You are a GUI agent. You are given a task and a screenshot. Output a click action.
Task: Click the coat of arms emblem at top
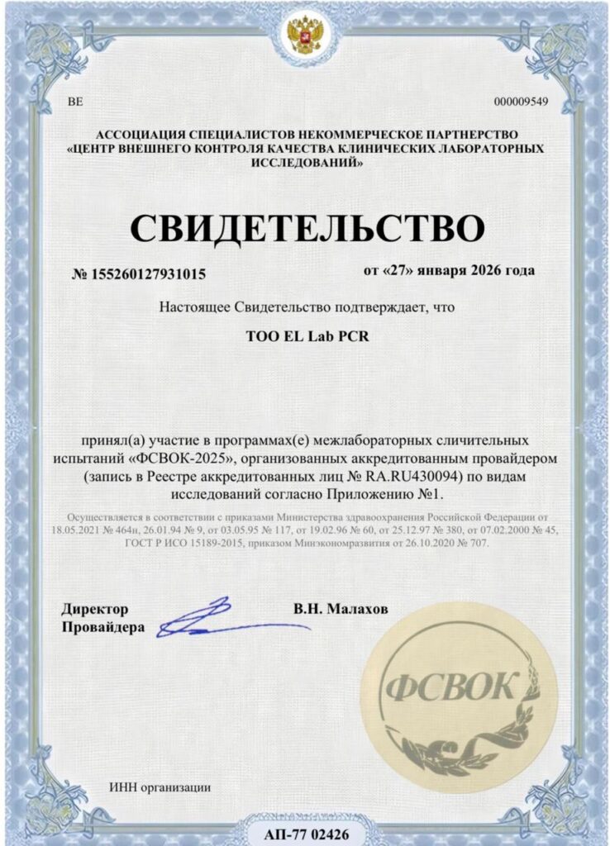point(304,34)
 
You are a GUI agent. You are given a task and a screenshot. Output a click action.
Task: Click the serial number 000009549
point(521,102)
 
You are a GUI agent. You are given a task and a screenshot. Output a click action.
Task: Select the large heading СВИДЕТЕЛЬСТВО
point(304,228)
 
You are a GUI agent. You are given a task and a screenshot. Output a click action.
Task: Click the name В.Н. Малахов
point(340,609)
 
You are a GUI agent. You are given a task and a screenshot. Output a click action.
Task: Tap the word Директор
point(95,610)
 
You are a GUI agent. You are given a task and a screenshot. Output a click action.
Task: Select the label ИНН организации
point(160,787)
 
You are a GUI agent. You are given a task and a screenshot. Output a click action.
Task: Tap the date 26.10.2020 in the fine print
point(406,544)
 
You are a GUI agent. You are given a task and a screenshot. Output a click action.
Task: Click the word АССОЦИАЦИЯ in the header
point(136,133)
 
